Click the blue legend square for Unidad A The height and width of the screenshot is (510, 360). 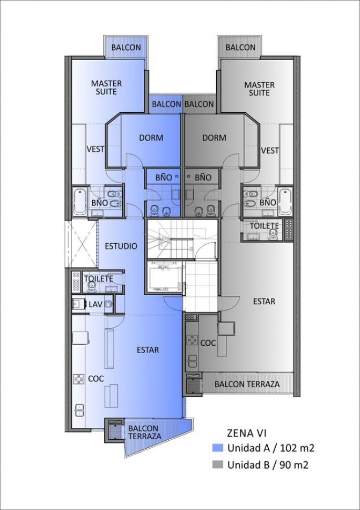tap(218, 448)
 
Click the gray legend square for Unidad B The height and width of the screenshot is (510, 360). tap(218, 465)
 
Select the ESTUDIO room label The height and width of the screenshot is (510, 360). tap(121, 246)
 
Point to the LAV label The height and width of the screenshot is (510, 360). tap(95, 304)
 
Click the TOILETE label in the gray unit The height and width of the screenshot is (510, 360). tap(264, 225)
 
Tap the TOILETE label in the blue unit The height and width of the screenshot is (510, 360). tap(98, 279)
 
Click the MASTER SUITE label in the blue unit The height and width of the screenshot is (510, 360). tap(106, 88)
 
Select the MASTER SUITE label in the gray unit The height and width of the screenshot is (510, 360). tap(259, 89)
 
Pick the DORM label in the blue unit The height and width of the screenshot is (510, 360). tap(151, 137)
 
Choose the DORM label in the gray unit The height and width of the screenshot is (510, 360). tap(214, 137)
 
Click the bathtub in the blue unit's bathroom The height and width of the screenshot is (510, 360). tap(79, 202)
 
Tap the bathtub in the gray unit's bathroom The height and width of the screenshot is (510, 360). tap(285, 202)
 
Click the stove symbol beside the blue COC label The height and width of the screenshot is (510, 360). tap(78, 378)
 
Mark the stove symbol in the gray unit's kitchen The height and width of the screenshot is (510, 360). tap(192, 340)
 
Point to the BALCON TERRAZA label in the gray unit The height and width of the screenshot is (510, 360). tap(247, 384)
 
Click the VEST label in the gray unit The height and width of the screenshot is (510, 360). tap(270, 150)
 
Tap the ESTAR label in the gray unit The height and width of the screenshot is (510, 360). tap(264, 301)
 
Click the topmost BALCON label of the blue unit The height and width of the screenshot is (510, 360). tap(126, 47)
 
